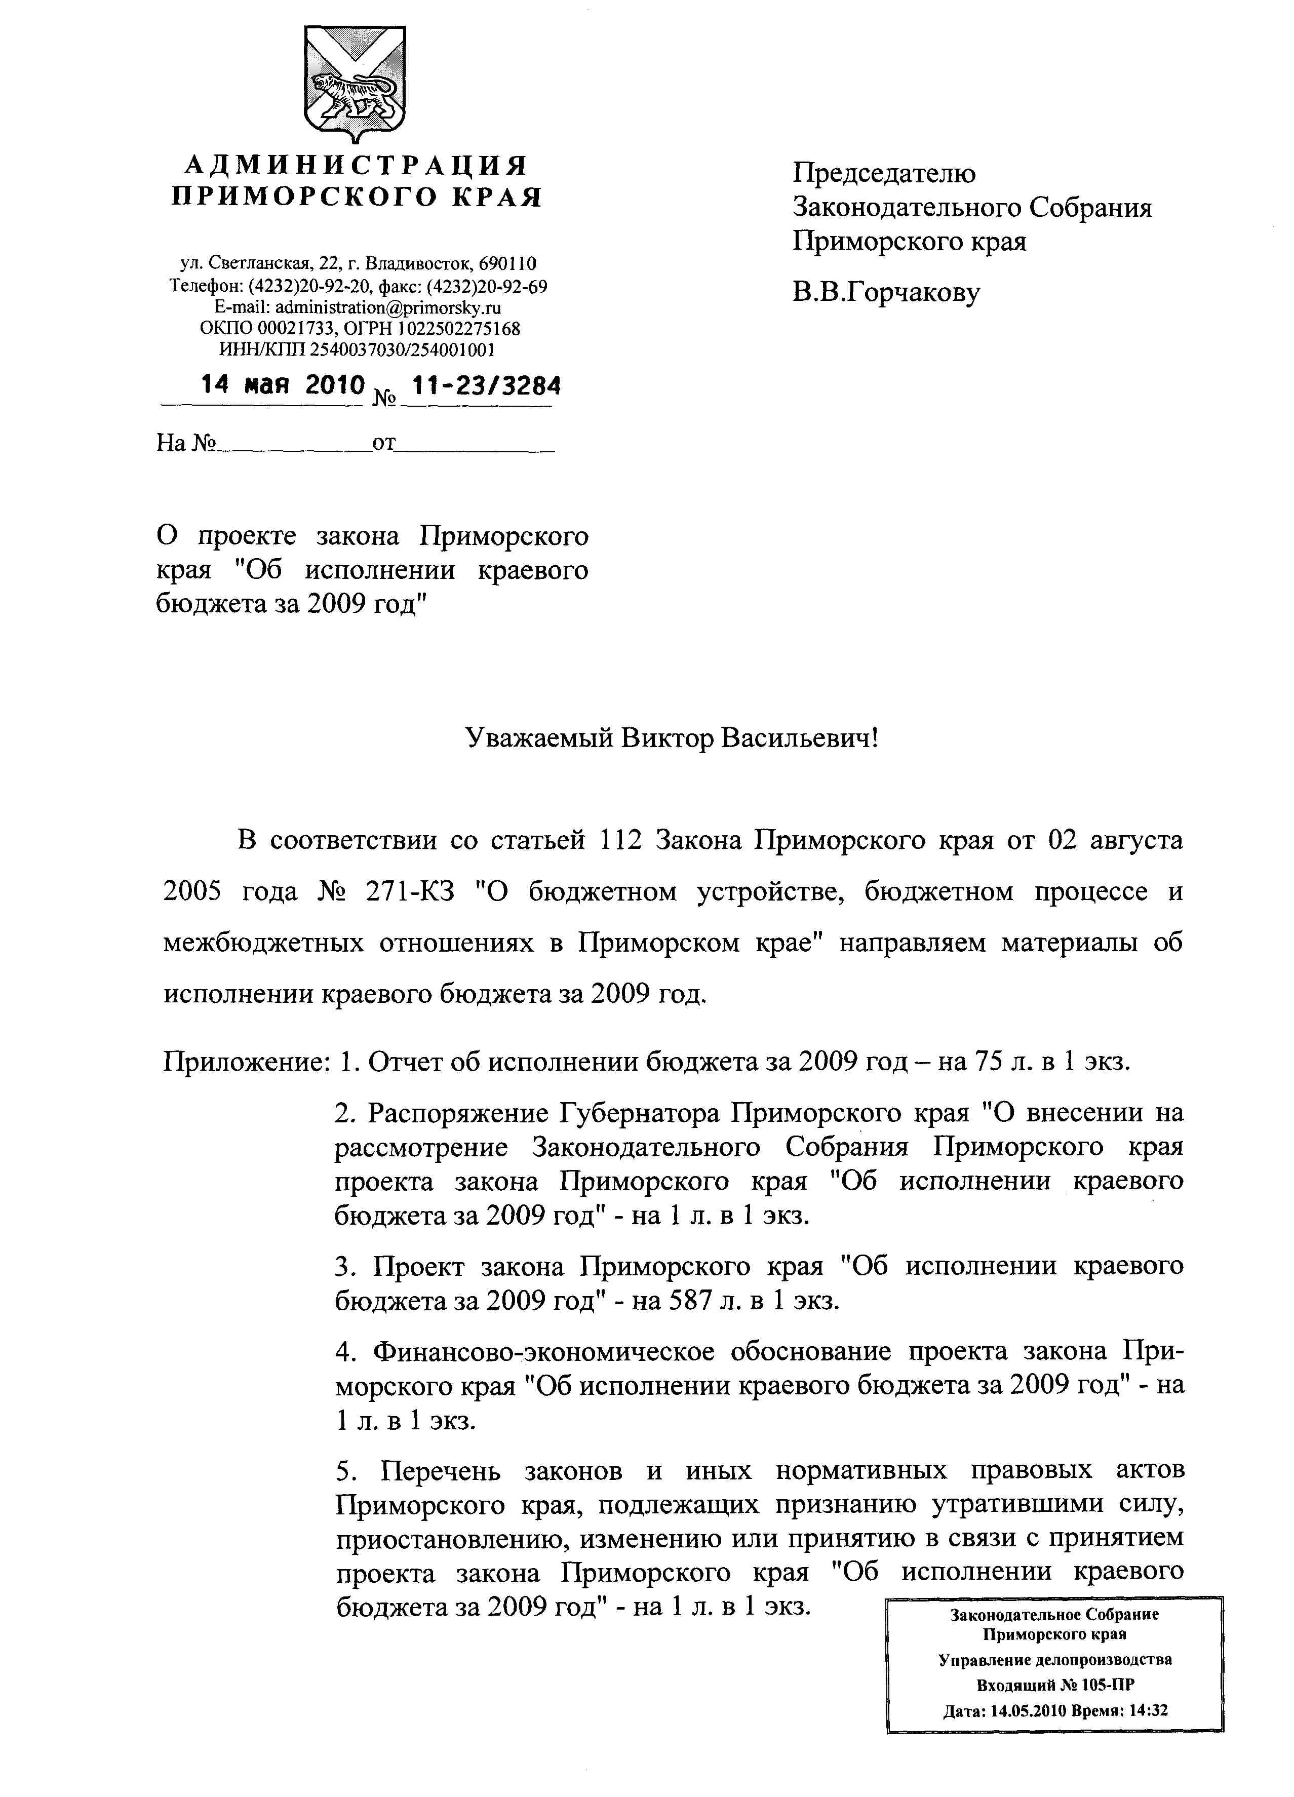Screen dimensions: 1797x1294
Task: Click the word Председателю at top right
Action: click(884, 173)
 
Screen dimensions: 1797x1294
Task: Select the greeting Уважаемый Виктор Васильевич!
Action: click(672, 738)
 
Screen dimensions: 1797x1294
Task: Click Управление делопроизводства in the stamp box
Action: click(1054, 1660)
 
